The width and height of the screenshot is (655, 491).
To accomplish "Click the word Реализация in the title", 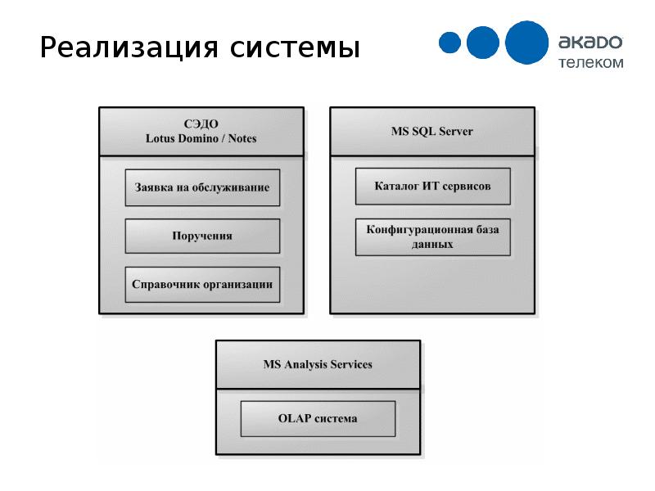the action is [129, 48].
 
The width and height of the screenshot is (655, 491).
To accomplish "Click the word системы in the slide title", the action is [295, 48].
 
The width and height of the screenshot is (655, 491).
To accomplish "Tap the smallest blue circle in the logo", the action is [449, 43].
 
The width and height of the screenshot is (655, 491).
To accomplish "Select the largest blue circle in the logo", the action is [526, 43].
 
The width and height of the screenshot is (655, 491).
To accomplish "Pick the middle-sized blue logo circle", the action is [483, 43].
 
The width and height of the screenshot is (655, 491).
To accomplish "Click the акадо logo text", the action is [590, 43].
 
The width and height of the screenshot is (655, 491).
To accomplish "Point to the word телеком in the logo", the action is [591, 63].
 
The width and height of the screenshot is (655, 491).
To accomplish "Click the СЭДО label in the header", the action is [201, 124].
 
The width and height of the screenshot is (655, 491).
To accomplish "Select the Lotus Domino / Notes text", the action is [201, 138].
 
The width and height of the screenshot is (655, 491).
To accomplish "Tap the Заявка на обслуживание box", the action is [202, 187].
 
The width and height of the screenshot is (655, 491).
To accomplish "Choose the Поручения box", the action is [202, 236].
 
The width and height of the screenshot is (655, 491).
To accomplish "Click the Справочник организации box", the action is [202, 285].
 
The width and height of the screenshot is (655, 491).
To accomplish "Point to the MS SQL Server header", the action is [432, 132].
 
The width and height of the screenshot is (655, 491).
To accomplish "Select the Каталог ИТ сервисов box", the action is [433, 187].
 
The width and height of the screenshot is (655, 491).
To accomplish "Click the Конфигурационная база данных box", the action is [433, 236].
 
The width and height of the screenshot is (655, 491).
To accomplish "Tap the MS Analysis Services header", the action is [318, 364].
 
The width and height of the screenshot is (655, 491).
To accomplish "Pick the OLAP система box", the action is [318, 419].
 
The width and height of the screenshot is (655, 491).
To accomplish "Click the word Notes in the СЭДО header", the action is [242, 138].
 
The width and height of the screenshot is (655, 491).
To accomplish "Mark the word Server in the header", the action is [456, 132].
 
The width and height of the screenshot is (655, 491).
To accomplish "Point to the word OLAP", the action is [295, 418].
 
